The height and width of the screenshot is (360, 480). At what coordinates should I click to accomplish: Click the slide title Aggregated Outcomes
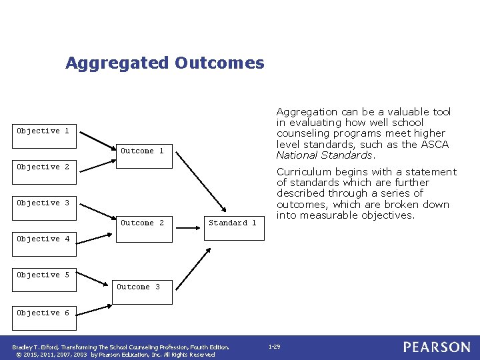tap(165, 63)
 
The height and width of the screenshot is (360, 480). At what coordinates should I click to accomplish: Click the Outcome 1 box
tap(142, 151)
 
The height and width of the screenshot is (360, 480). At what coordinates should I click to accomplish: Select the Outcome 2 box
tap(142, 223)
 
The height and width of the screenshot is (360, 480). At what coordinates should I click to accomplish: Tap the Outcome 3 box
tap(138, 287)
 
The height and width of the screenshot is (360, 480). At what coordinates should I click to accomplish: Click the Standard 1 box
tap(232, 223)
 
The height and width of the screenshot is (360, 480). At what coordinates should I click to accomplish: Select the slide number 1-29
tap(274, 347)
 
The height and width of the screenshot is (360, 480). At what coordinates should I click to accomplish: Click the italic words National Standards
tap(325, 155)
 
